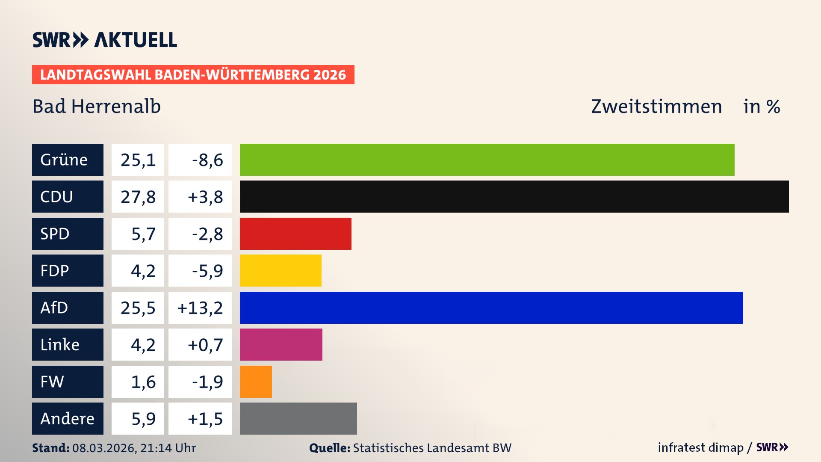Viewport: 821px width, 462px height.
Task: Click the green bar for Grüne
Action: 487,160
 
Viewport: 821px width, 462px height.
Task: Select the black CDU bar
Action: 514,196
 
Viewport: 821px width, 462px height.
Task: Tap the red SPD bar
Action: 295,234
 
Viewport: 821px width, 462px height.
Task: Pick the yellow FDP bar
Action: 281,270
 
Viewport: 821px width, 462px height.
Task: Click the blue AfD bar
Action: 491,308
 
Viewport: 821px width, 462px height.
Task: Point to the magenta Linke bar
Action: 281,344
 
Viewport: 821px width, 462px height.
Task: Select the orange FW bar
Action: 256,382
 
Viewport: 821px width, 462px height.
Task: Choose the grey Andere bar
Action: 298,418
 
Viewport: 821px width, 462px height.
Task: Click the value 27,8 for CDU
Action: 138,197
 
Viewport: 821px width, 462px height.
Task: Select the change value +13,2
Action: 200,308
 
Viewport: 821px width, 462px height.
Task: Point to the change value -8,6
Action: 207,160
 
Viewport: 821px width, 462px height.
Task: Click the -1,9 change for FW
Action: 207,382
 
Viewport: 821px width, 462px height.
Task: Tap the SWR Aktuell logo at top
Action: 105,40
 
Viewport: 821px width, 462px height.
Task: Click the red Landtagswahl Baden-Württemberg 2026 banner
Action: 193,74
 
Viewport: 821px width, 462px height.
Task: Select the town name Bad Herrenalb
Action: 97,106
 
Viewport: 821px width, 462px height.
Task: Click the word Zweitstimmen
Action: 656,106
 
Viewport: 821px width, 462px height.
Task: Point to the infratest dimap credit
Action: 700,447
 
